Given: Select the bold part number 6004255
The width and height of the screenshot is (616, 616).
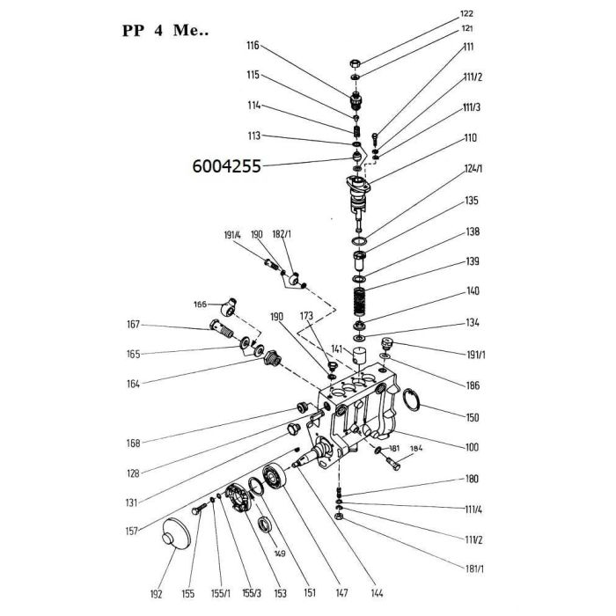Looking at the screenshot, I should click(226, 165).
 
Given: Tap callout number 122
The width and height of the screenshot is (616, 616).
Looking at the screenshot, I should click(467, 13).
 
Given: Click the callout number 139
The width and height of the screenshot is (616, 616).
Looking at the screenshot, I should click(473, 261).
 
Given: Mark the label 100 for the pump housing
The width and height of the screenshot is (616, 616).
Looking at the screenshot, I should click(473, 448).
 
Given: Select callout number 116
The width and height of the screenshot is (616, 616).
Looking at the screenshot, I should click(229, 45).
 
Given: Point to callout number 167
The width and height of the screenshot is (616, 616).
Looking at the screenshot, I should click(133, 324).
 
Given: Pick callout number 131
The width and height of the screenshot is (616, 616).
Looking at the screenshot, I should click(133, 502).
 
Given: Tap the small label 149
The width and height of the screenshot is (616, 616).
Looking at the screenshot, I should click(281, 554).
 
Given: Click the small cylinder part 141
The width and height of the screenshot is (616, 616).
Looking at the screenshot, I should click(358, 359).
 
